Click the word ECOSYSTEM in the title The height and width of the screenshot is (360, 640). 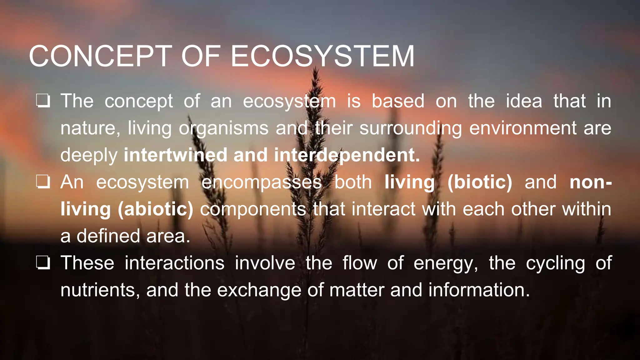322,56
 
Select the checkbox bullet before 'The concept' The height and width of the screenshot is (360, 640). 43,101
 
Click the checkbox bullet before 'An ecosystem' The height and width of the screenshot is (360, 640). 43,182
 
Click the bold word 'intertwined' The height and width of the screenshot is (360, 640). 175,155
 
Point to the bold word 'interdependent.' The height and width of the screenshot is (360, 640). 347,155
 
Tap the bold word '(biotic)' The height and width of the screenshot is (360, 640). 480,182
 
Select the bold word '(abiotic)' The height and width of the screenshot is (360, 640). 155,209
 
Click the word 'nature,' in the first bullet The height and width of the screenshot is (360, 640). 90,128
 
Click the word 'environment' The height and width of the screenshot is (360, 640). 523,128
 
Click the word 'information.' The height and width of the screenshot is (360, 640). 479,290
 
